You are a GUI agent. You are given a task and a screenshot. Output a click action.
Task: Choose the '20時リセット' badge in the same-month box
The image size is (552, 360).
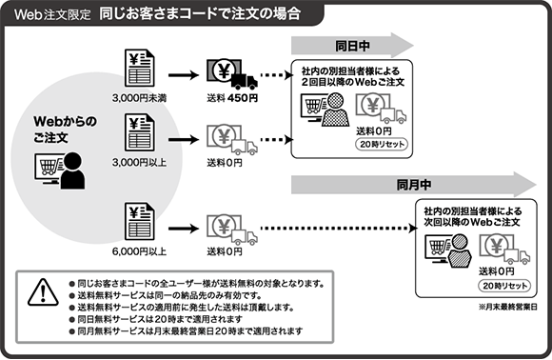pos(501,284)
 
